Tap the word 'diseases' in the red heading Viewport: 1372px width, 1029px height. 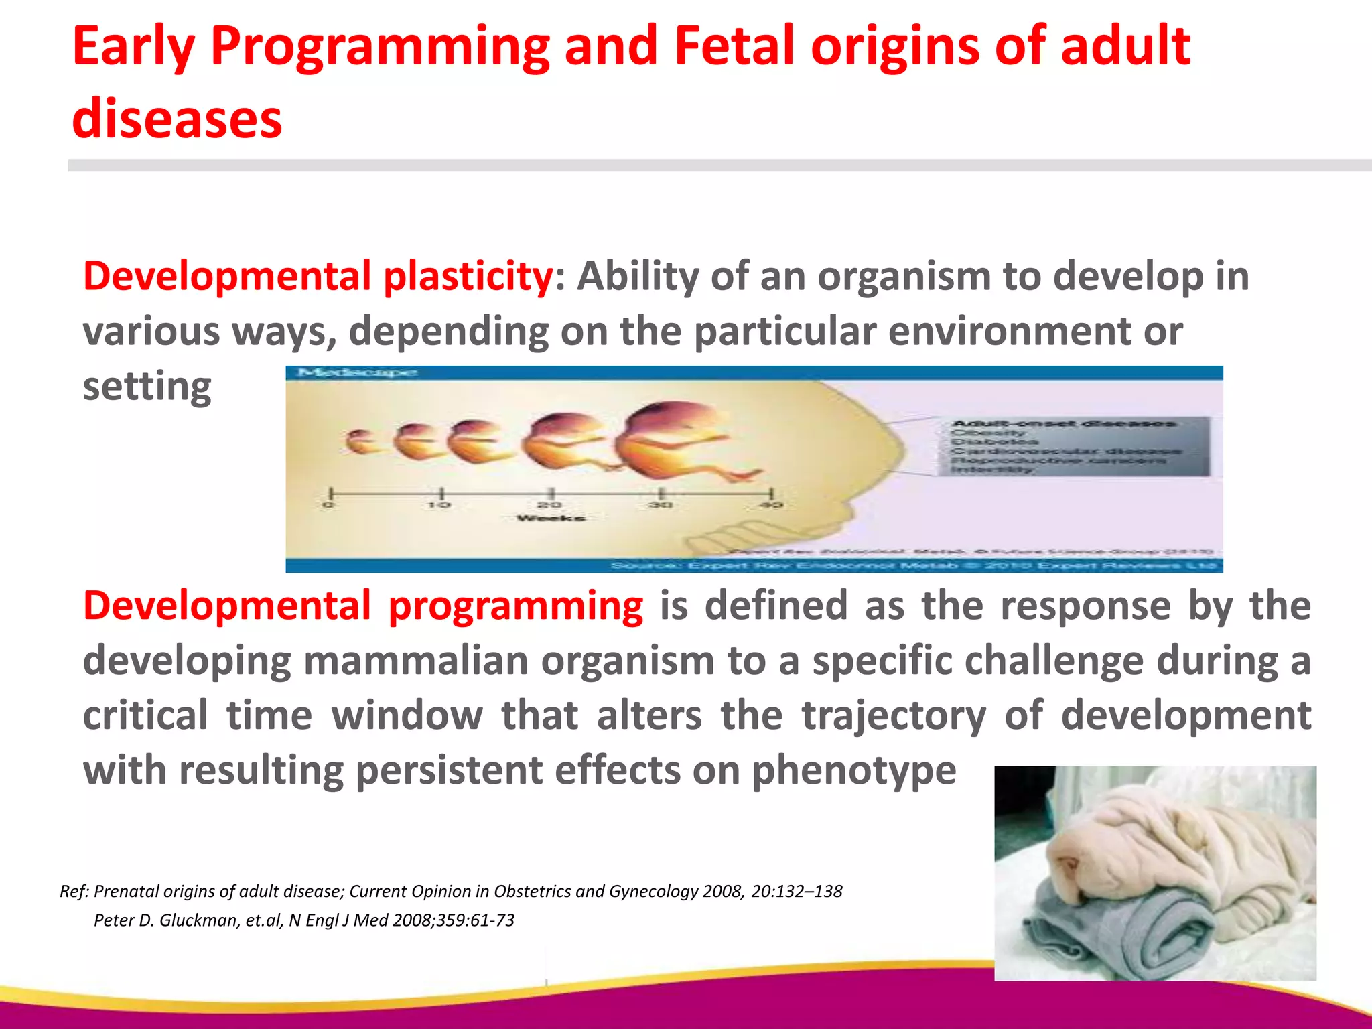click(177, 119)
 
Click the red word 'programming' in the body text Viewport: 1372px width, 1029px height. click(515, 606)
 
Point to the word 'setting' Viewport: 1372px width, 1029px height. click(147, 387)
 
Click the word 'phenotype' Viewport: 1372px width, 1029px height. click(853, 770)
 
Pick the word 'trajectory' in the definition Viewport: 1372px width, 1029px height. click(894, 715)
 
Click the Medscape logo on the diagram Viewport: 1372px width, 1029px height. click(357, 372)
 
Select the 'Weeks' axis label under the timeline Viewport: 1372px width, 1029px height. click(551, 518)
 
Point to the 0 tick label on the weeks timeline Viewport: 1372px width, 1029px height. click(328, 504)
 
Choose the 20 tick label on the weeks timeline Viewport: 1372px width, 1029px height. click(550, 504)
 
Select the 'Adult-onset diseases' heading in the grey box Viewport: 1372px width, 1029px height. click(1064, 423)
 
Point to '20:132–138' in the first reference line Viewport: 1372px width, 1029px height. click(797, 892)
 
